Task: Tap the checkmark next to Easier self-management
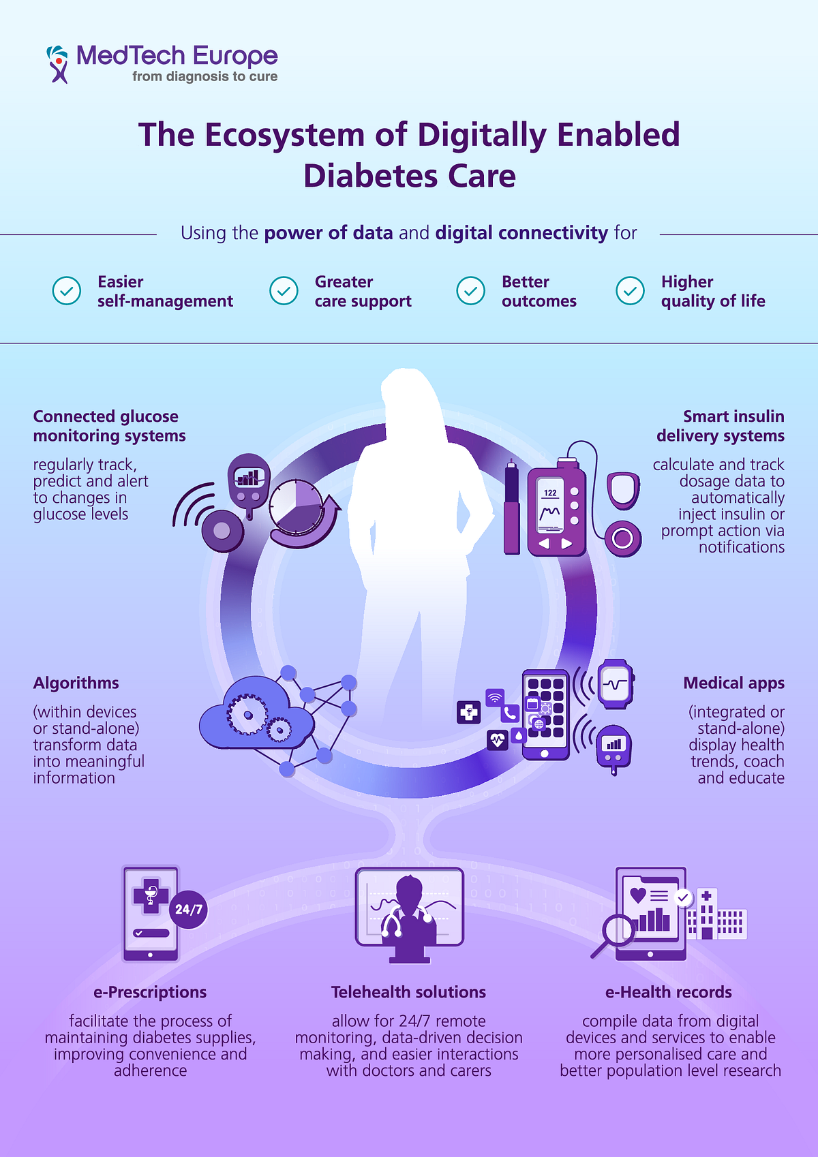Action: point(67,291)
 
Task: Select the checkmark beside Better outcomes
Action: point(471,291)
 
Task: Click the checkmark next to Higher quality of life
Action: point(631,291)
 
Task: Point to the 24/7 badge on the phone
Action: point(189,910)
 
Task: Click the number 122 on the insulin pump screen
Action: point(550,493)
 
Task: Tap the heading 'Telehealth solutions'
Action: point(409,992)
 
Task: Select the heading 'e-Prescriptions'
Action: point(150,992)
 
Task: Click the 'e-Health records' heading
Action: point(669,992)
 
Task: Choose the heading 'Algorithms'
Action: point(76,683)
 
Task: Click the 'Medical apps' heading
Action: point(733,683)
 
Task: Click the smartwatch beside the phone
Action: point(616,684)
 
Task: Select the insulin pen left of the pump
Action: point(511,507)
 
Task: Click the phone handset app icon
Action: point(510,713)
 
